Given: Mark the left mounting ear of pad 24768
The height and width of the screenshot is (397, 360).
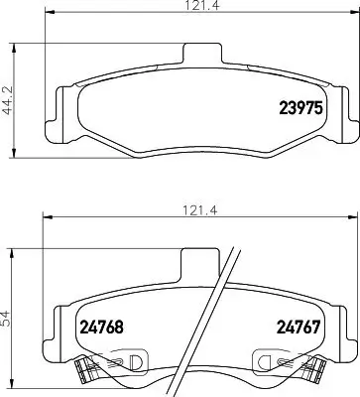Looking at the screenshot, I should click(x=55, y=328).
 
